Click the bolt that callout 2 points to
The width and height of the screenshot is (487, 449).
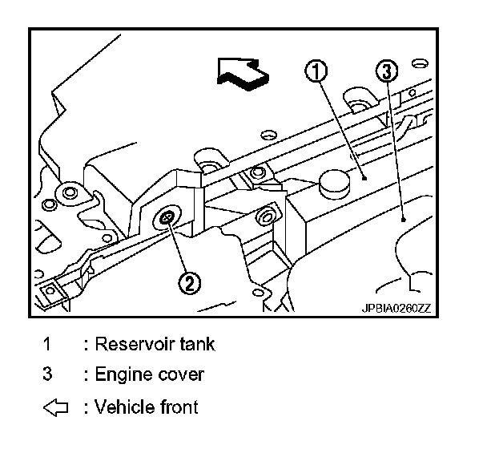167,218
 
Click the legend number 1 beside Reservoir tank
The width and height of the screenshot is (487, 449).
47,345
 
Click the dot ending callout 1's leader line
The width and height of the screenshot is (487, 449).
364,180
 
